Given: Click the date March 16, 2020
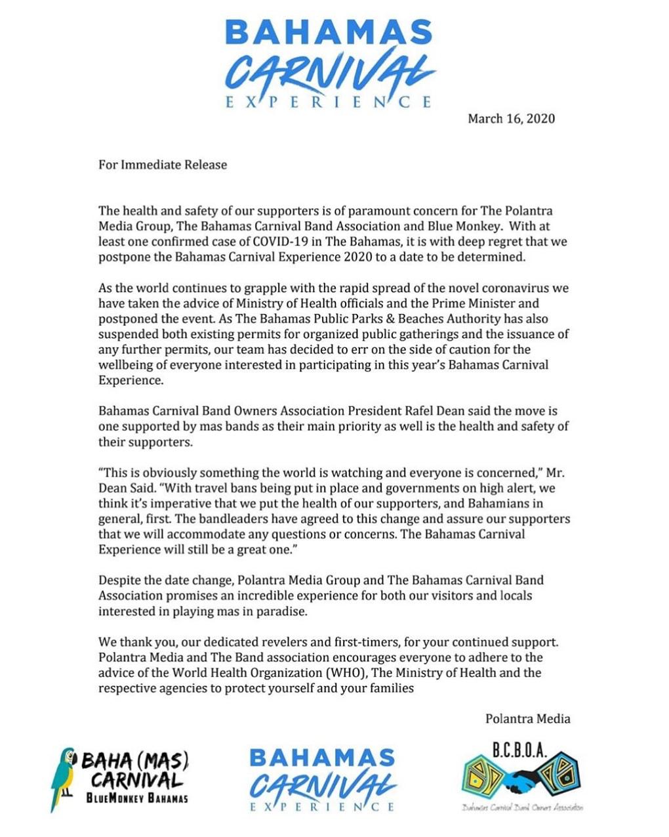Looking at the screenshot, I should [x=511, y=119].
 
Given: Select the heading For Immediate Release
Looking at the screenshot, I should [x=163, y=165].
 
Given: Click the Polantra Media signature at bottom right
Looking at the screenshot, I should [x=527, y=719].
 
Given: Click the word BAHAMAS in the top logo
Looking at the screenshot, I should [x=329, y=33].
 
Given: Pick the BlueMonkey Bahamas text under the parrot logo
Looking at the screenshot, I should [x=137, y=799].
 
